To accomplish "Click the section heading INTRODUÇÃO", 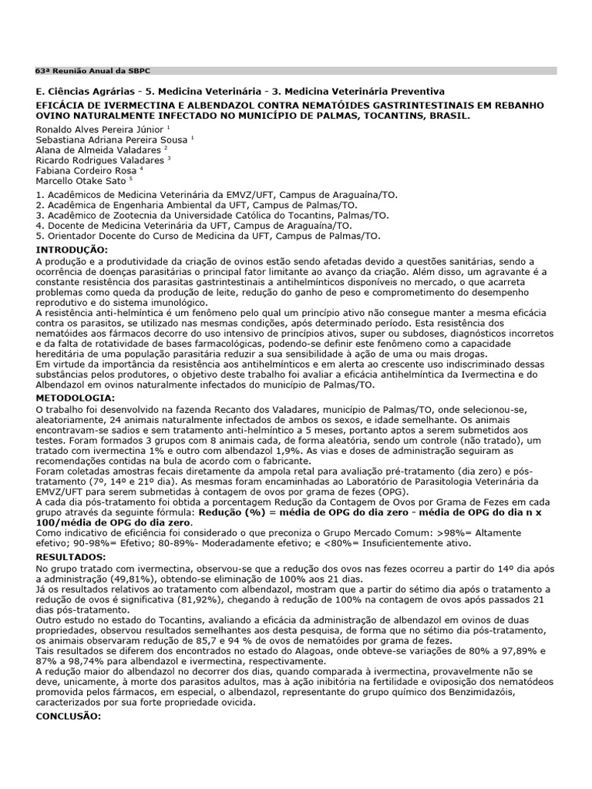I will pyautogui.click(x=72, y=250).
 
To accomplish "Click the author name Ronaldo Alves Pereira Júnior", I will pyautogui.click(x=99, y=129).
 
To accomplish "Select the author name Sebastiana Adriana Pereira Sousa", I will pyautogui.click(x=112, y=139).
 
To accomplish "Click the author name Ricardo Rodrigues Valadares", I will pyautogui.click(x=99, y=160).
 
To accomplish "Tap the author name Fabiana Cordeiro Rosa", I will pyautogui.click(x=86, y=170).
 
